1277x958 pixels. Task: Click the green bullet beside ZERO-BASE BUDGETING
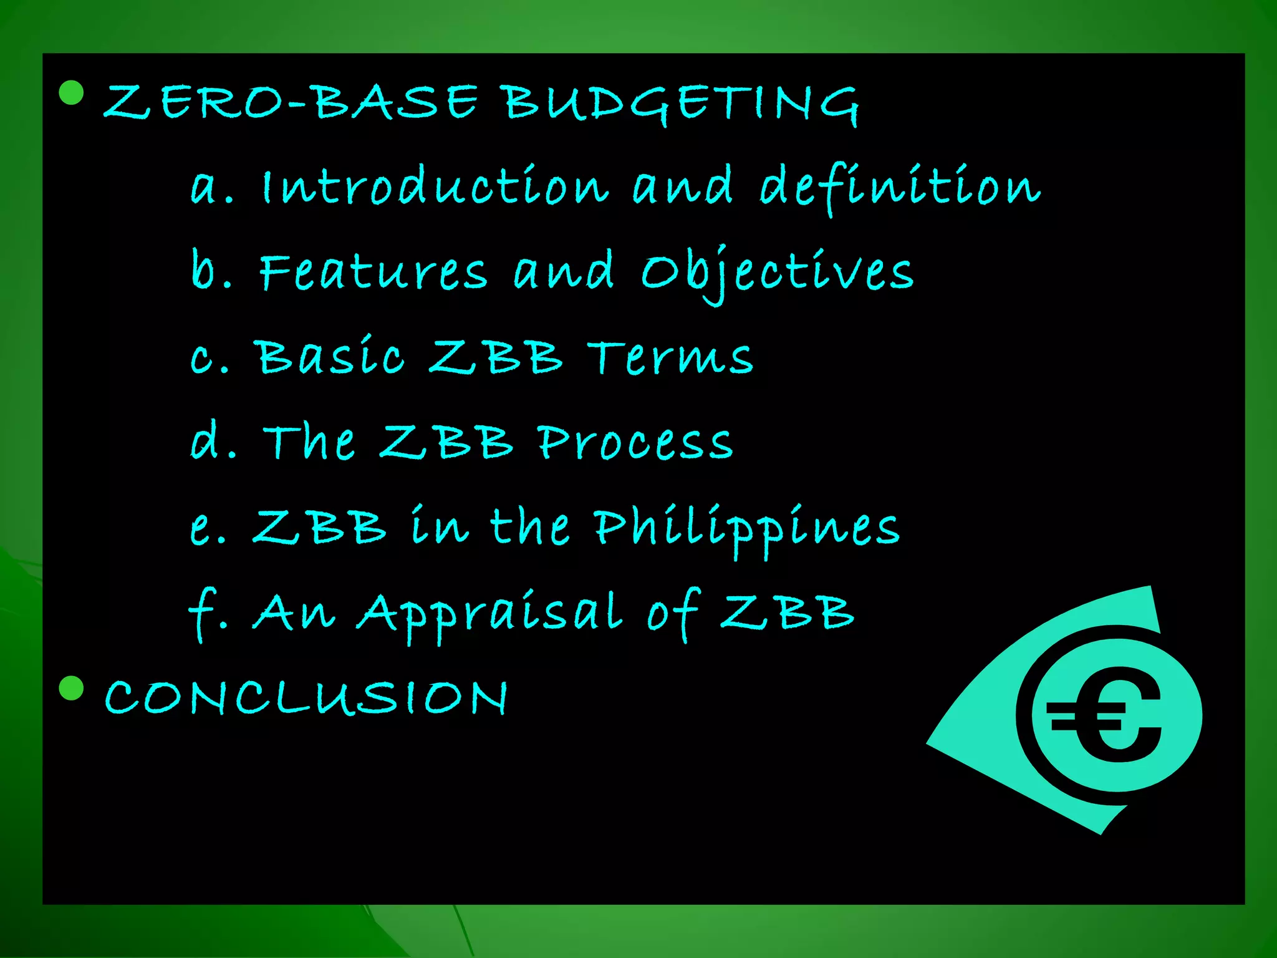[x=71, y=92]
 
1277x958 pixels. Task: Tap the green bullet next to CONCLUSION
[x=71, y=688]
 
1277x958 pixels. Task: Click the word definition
[x=900, y=187]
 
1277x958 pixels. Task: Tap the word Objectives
[x=777, y=273]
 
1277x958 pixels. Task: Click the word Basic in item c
[x=331, y=357]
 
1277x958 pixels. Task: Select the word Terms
[x=670, y=358]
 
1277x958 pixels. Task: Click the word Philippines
[x=746, y=528]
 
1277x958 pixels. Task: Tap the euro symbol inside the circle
[x=1107, y=715]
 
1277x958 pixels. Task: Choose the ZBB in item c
[x=496, y=357]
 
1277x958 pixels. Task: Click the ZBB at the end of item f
[x=787, y=612]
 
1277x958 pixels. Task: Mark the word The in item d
[x=309, y=442]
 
